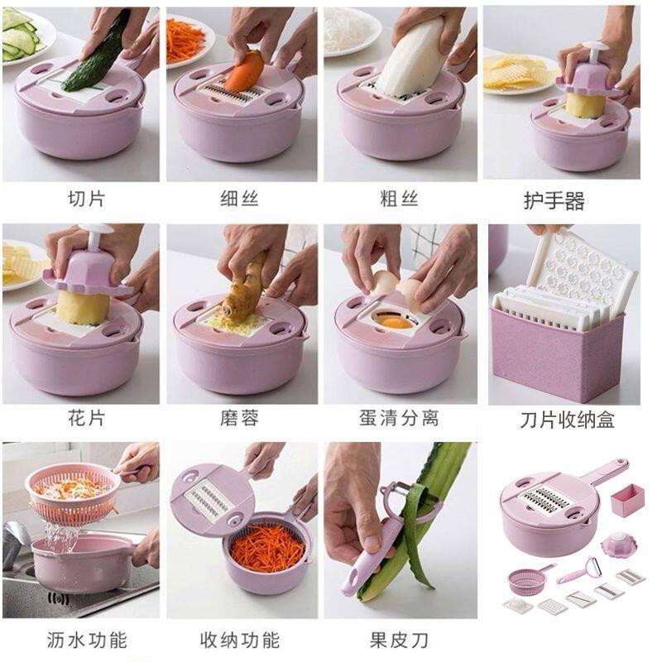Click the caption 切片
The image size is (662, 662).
pos(85,199)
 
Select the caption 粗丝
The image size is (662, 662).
pos(399,199)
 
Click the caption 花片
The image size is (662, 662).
pos(85,418)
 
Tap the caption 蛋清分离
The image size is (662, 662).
pos(399,418)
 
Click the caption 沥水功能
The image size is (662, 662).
pos(85,640)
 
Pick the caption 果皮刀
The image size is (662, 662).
pos(399,640)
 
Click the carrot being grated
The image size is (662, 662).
pos(243,72)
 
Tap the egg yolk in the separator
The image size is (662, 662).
pos(395,321)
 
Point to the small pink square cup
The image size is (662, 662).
pos(627,501)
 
